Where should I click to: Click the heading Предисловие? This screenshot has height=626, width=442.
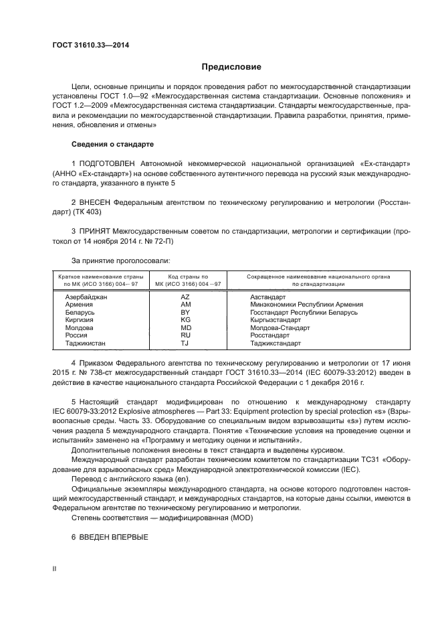coord(232,67)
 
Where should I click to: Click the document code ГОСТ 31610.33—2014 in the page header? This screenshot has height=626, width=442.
coord(90,45)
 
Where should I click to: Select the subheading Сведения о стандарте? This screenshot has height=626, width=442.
coord(112,144)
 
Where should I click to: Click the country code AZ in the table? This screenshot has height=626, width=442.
coord(186,297)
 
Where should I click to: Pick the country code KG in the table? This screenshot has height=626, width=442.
coord(186,320)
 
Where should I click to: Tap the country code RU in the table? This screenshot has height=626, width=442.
coord(186,335)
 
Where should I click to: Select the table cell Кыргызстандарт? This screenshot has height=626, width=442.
coord(276,320)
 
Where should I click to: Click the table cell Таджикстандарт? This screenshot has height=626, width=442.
coord(275,343)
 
